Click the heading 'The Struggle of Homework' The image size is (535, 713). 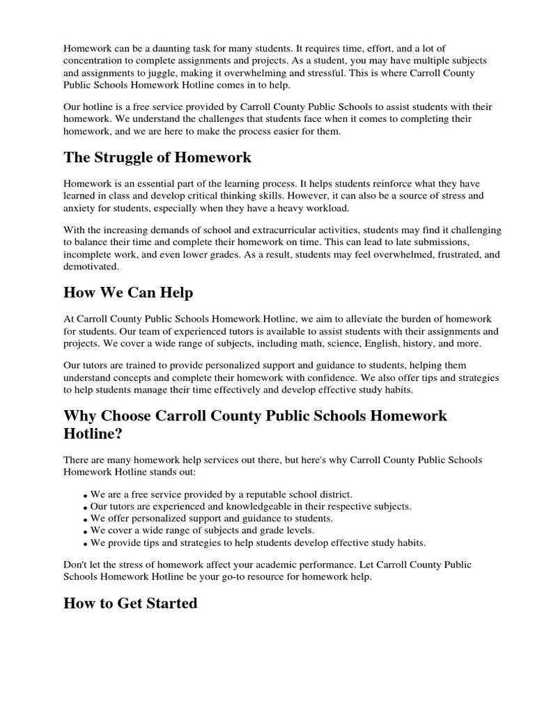pyautogui.click(x=157, y=157)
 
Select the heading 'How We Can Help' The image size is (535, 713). pyautogui.click(x=128, y=292)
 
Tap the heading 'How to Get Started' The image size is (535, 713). pyautogui.click(x=130, y=603)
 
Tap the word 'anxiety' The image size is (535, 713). pyautogui.click(x=80, y=208)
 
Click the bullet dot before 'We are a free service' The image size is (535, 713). pyautogui.click(x=85, y=495)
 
